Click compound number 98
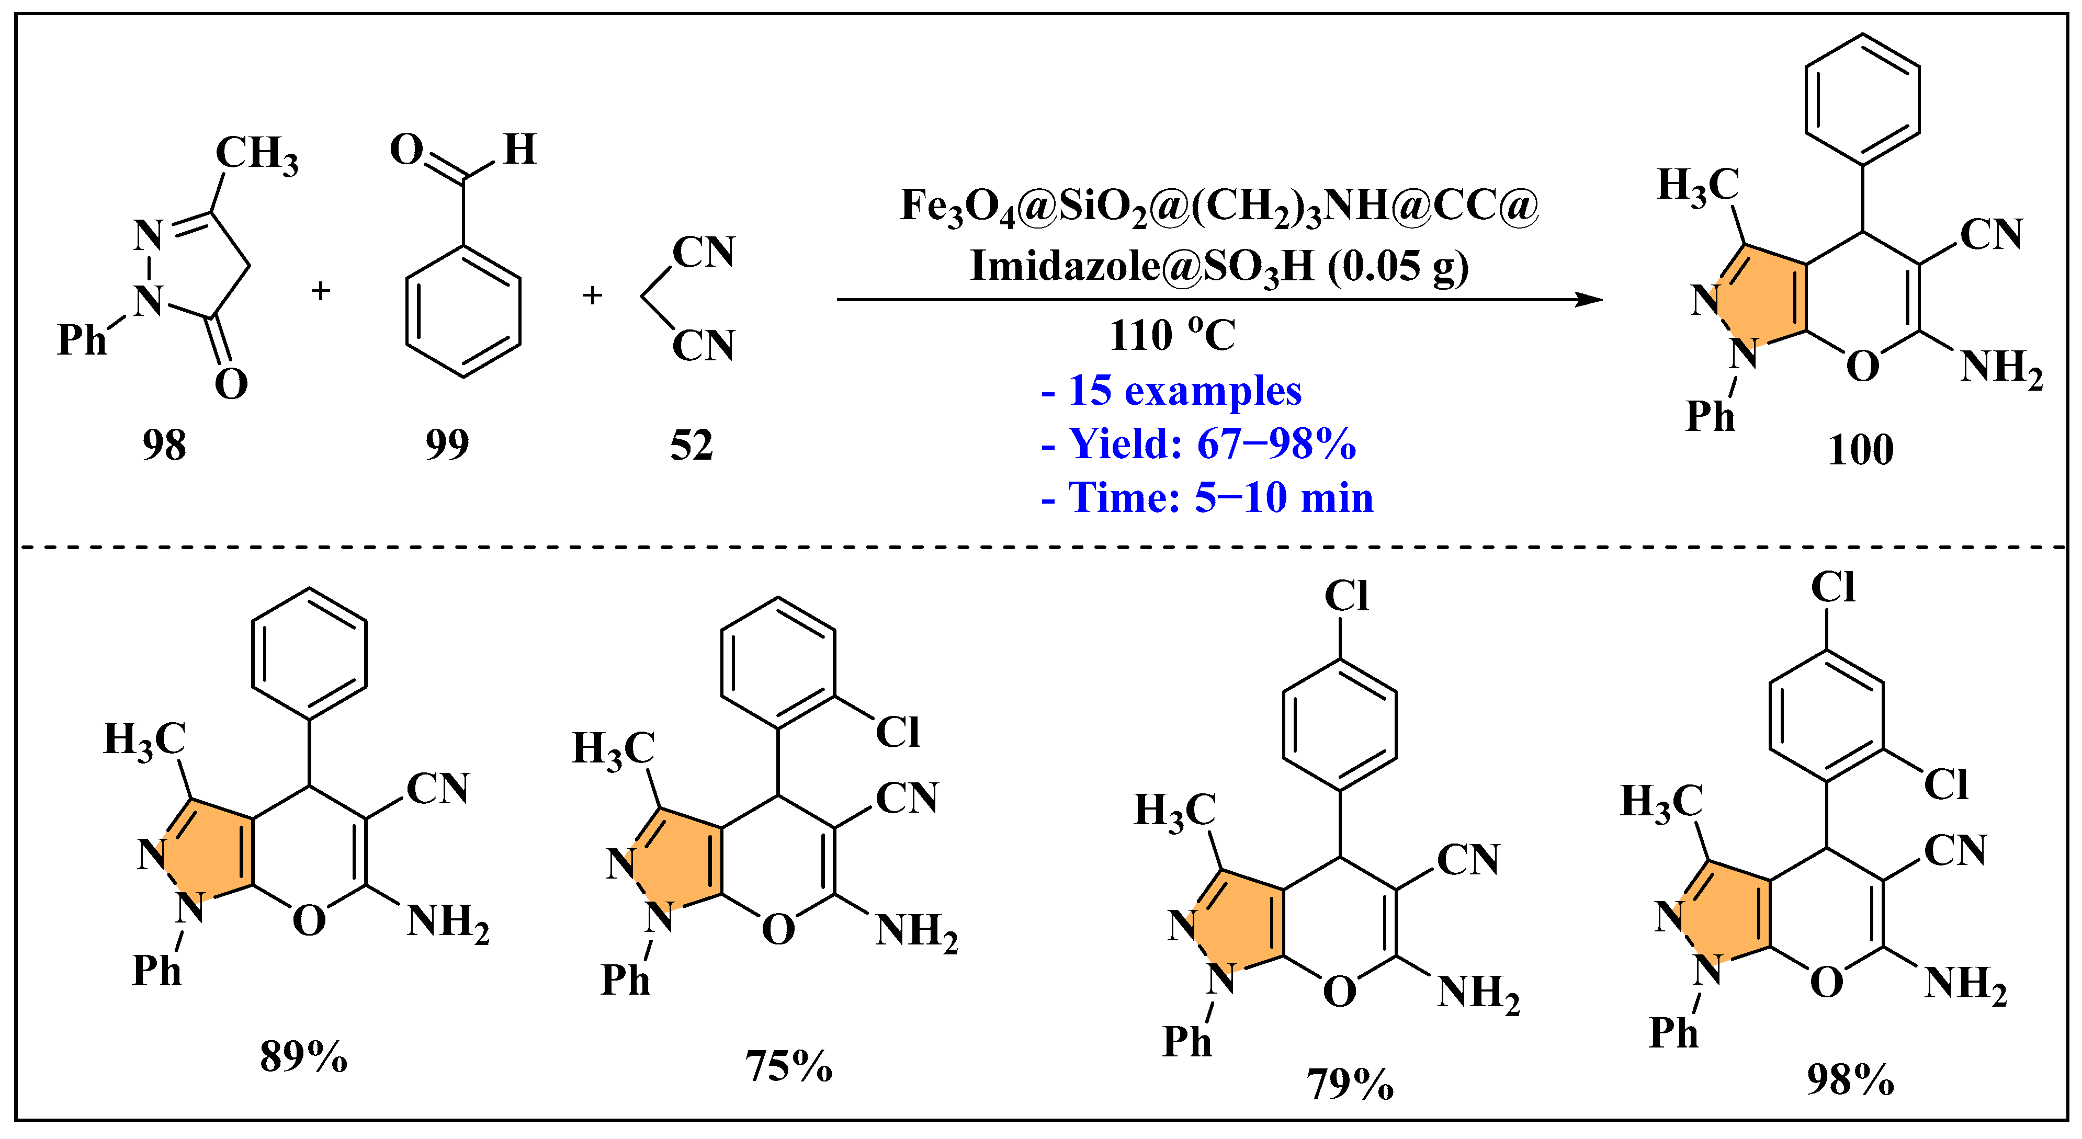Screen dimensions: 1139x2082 coord(164,445)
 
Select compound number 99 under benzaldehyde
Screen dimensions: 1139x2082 coord(447,445)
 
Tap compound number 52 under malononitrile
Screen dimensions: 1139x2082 coord(692,445)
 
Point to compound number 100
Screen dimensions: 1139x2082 coord(1861,450)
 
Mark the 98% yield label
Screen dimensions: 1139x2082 coord(1850,1079)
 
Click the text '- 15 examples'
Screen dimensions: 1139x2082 coord(1171,391)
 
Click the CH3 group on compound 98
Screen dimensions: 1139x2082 coord(256,153)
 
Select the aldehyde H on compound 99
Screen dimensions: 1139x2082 coord(519,150)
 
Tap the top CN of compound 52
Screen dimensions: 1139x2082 coord(703,252)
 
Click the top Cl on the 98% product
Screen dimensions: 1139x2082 coord(1832,587)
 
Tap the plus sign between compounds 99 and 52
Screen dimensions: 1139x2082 coord(593,295)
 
